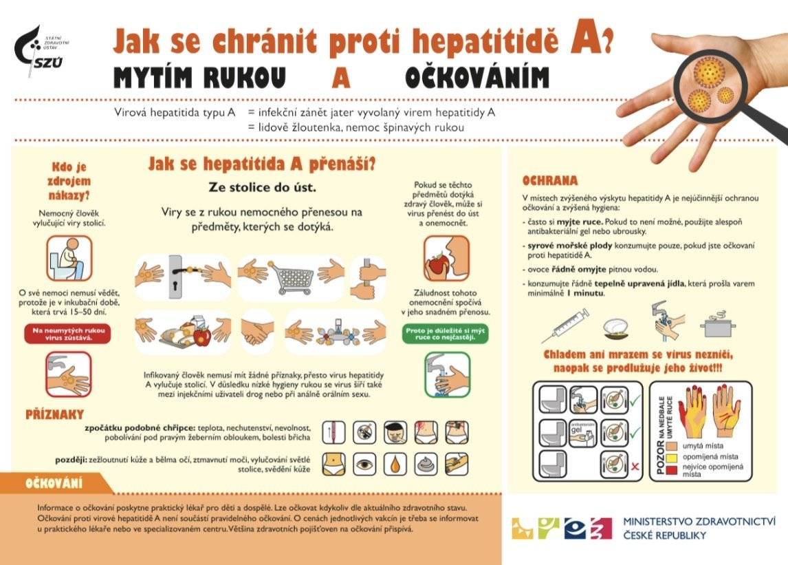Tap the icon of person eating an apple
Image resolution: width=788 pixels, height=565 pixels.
(446, 258)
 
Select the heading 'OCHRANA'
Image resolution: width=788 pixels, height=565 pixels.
(549, 181)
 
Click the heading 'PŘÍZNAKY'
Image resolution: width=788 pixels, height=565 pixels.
(54, 414)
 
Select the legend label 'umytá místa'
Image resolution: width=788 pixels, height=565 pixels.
(700, 446)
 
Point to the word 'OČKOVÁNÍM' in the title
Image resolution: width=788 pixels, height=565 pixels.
(477, 78)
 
